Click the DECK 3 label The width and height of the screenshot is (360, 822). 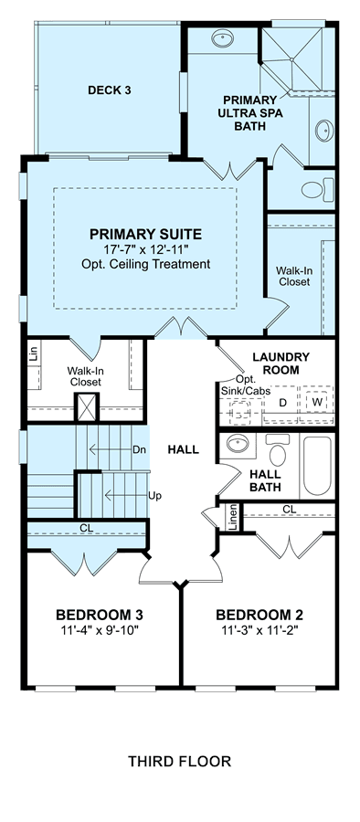point(109,90)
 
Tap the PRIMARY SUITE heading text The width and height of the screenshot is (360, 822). point(145,234)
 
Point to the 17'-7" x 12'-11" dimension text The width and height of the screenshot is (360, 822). point(145,249)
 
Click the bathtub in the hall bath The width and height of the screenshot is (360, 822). point(317,466)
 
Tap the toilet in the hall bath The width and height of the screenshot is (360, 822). point(277,450)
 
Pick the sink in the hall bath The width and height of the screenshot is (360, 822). point(241,445)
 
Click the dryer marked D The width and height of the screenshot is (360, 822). point(281,403)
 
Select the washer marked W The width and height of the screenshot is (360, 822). point(316,402)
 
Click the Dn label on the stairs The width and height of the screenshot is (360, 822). point(139,449)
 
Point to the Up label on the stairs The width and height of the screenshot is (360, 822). point(154,495)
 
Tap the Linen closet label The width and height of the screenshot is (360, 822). point(234,516)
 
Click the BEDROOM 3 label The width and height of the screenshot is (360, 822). point(100,615)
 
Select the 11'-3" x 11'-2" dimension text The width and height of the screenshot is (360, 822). point(259,629)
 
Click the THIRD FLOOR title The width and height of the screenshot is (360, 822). point(179,761)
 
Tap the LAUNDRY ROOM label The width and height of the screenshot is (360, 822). point(281,364)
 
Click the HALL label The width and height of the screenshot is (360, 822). point(183,449)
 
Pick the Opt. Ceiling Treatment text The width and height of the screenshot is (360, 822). point(145,264)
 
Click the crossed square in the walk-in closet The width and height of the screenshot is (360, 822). point(86,406)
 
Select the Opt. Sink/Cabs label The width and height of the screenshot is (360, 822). point(242,385)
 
